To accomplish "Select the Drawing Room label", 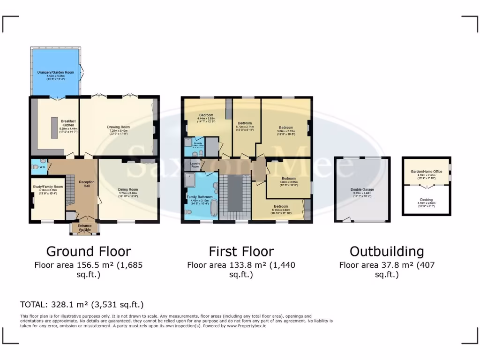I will (118, 127).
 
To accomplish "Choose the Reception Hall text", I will (87, 182).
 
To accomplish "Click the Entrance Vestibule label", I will (85, 227).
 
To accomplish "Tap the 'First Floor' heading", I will (241, 251).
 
